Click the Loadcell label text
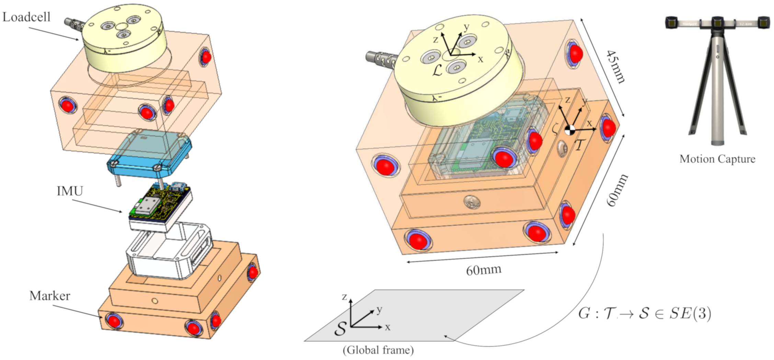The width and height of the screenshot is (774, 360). click(26, 17)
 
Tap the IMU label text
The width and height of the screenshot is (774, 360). click(70, 191)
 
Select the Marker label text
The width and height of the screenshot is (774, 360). click(49, 296)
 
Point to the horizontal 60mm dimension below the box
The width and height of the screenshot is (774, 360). click(483, 270)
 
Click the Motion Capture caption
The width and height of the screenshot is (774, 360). click(717, 159)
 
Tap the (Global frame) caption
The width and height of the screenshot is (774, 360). click(378, 350)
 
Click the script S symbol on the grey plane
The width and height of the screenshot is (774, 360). click(340, 329)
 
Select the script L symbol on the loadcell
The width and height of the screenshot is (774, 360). click(437, 71)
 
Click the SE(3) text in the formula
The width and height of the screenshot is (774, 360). click(690, 314)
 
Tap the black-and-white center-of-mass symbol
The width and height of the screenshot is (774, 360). click(570, 130)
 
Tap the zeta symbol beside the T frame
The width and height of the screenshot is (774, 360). click(555, 130)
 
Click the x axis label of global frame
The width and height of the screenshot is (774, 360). click(388, 328)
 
